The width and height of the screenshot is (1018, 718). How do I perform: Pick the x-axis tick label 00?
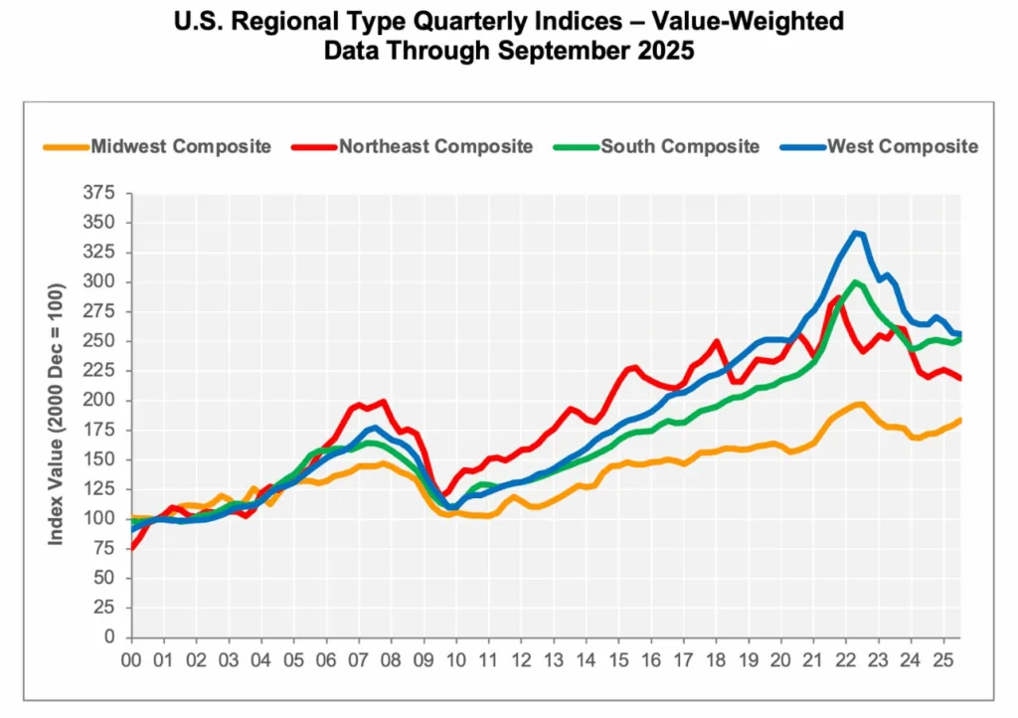[130, 659]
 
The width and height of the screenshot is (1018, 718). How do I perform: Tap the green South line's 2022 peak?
[855, 281]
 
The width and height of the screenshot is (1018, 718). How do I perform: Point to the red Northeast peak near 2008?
[384, 401]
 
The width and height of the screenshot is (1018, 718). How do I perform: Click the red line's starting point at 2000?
[132, 547]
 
